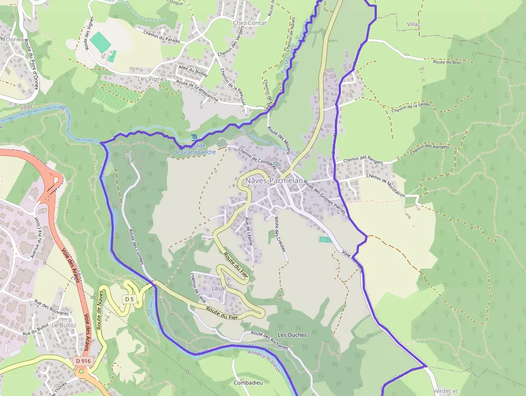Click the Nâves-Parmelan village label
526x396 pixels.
(274, 181)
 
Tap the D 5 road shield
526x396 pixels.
(129, 299)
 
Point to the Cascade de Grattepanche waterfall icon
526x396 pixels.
(193, 138)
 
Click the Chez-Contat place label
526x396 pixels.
(249, 23)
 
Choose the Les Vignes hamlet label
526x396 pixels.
(152, 79)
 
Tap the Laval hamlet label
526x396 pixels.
(218, 288)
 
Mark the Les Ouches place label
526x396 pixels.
(292, 335)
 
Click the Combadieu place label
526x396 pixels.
(248, 383)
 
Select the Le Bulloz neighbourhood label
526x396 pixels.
(64, 325)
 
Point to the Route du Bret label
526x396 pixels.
(447, 62)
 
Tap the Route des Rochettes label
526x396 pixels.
(270, 341)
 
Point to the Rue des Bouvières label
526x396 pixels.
(52, 307)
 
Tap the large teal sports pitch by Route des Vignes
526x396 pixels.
(99, 41)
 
